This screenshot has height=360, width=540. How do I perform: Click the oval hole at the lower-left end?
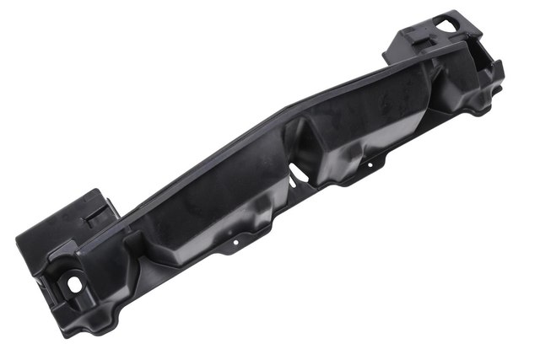point(74,284)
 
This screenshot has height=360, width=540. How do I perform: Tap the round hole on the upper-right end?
point(445,25)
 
